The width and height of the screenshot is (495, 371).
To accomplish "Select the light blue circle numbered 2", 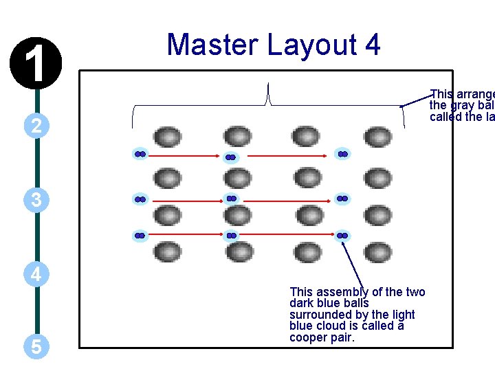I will click(36, 125).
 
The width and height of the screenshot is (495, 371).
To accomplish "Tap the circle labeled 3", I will click(36, 200).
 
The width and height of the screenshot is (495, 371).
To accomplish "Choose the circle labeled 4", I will click(36, 274).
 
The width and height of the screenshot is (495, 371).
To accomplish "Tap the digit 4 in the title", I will click(372, 45).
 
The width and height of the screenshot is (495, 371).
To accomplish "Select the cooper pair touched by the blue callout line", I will click(342, 236).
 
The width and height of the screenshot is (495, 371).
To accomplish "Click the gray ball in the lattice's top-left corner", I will click(166, 136).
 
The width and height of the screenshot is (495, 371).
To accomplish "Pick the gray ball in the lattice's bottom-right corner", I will click(377, 251).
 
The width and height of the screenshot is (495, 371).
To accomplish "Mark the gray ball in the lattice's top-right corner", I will click(377, 136).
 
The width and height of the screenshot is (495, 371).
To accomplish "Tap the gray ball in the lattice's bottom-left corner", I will click(166, 251).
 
